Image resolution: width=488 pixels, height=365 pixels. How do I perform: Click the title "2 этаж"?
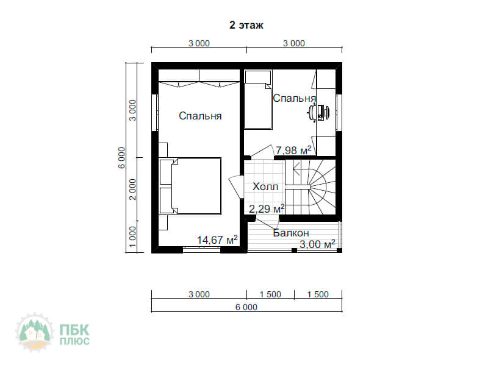[246, 25]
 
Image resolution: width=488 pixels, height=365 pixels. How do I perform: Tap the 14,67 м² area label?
[217, 239]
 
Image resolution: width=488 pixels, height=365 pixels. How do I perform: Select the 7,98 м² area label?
[293, 150]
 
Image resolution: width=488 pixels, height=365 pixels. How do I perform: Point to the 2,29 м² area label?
[267, 208]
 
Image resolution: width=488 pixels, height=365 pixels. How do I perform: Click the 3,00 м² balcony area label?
[317, 244]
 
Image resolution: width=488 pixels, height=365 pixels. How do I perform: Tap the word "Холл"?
[265, 186]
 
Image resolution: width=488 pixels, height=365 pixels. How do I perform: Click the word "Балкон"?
[291, 233]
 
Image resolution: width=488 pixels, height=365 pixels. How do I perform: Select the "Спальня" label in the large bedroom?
[200, 116]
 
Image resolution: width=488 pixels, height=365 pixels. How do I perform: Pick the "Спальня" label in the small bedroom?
[295, 98]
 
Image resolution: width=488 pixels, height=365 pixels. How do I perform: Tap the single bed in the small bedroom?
[258, 99]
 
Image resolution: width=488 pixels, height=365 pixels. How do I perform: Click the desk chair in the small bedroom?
[312, 112]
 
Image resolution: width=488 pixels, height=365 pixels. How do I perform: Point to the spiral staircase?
[310, 187]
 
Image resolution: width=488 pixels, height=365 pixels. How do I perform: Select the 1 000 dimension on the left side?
[132, 236]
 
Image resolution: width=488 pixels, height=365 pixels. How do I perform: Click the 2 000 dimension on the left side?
[132, 190]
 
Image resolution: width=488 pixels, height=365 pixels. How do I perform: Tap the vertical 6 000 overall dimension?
[121, 158]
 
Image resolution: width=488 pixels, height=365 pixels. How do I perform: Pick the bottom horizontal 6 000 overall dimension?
[246, 307]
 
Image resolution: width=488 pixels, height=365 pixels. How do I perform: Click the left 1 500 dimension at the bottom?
[270, 294]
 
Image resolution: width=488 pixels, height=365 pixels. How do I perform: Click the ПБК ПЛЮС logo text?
[74, 335]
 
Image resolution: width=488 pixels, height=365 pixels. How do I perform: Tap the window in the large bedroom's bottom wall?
[201, 249]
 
